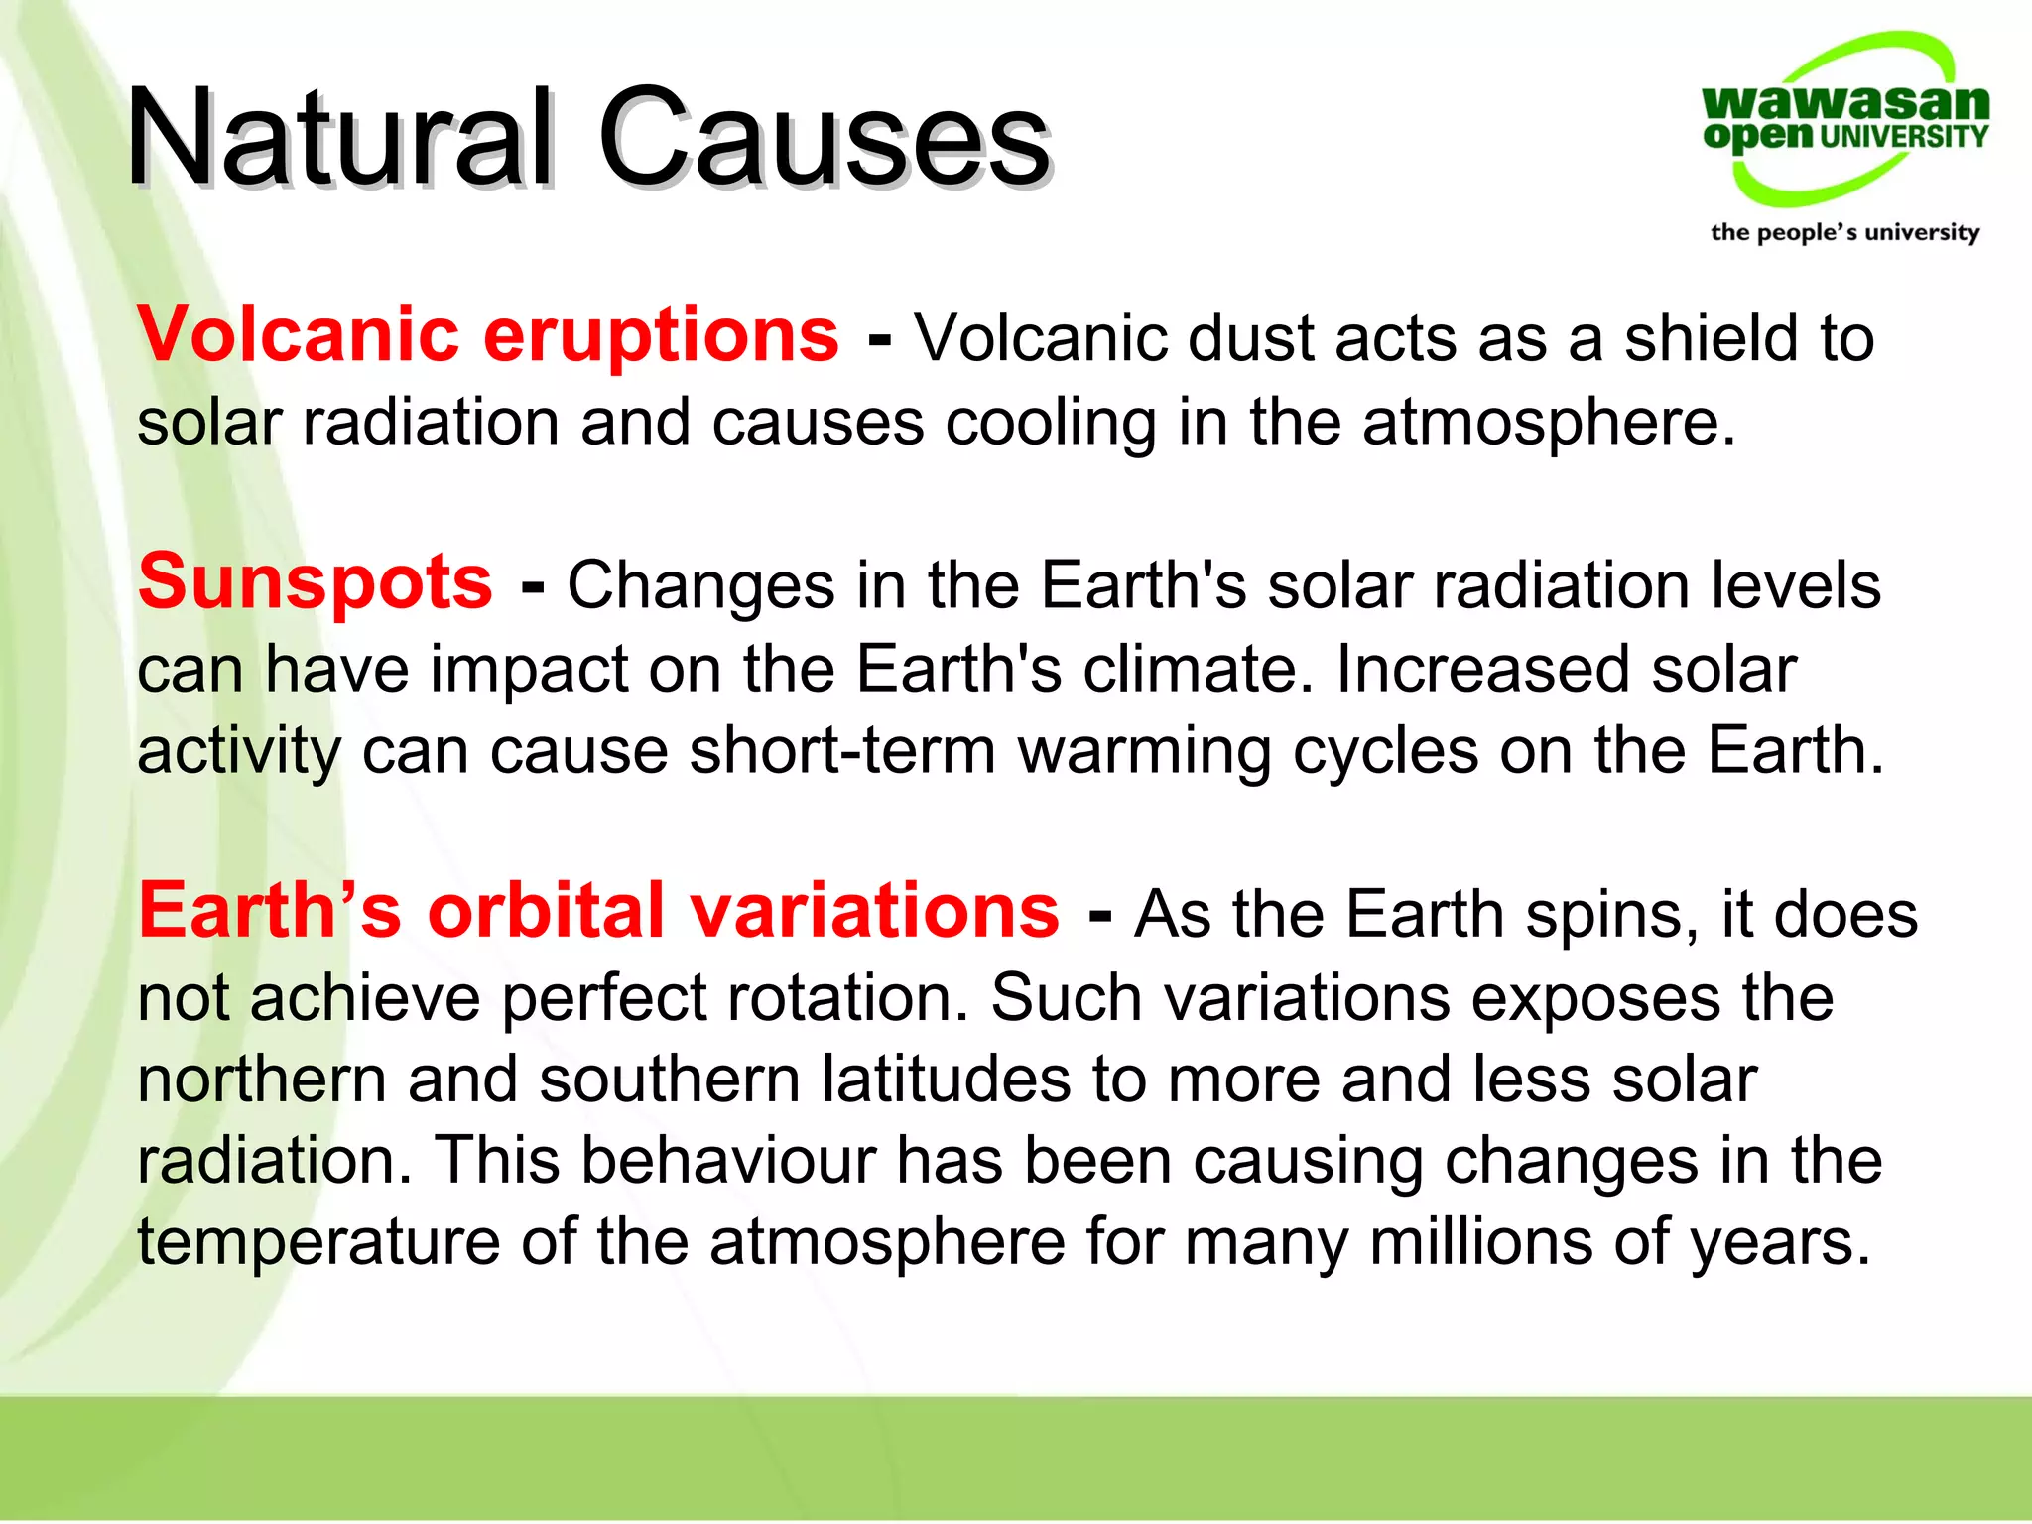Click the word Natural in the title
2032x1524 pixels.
(x=337, y=139)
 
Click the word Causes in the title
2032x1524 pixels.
(x=824, y=139)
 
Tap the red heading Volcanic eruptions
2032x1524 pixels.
(x=488, y=335)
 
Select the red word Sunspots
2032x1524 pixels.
(x=316, y=582)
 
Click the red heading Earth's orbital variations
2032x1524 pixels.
(x=599, y=911)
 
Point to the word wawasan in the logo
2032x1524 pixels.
(x=1845, y=101)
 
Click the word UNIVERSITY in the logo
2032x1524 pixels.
(x=1904, y=137)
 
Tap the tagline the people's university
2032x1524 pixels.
(x=1844, y=232)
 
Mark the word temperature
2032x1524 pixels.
(x=318, y=1244)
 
